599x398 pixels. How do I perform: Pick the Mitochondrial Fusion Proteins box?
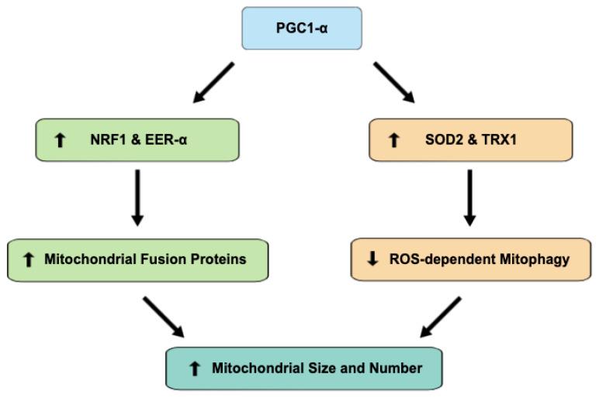tap(137, 259)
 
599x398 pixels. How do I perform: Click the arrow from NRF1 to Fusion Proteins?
tap(137, 200)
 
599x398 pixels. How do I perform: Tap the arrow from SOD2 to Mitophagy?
tap(471, 200)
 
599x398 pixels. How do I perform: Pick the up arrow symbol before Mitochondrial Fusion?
tap(29, 259)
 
